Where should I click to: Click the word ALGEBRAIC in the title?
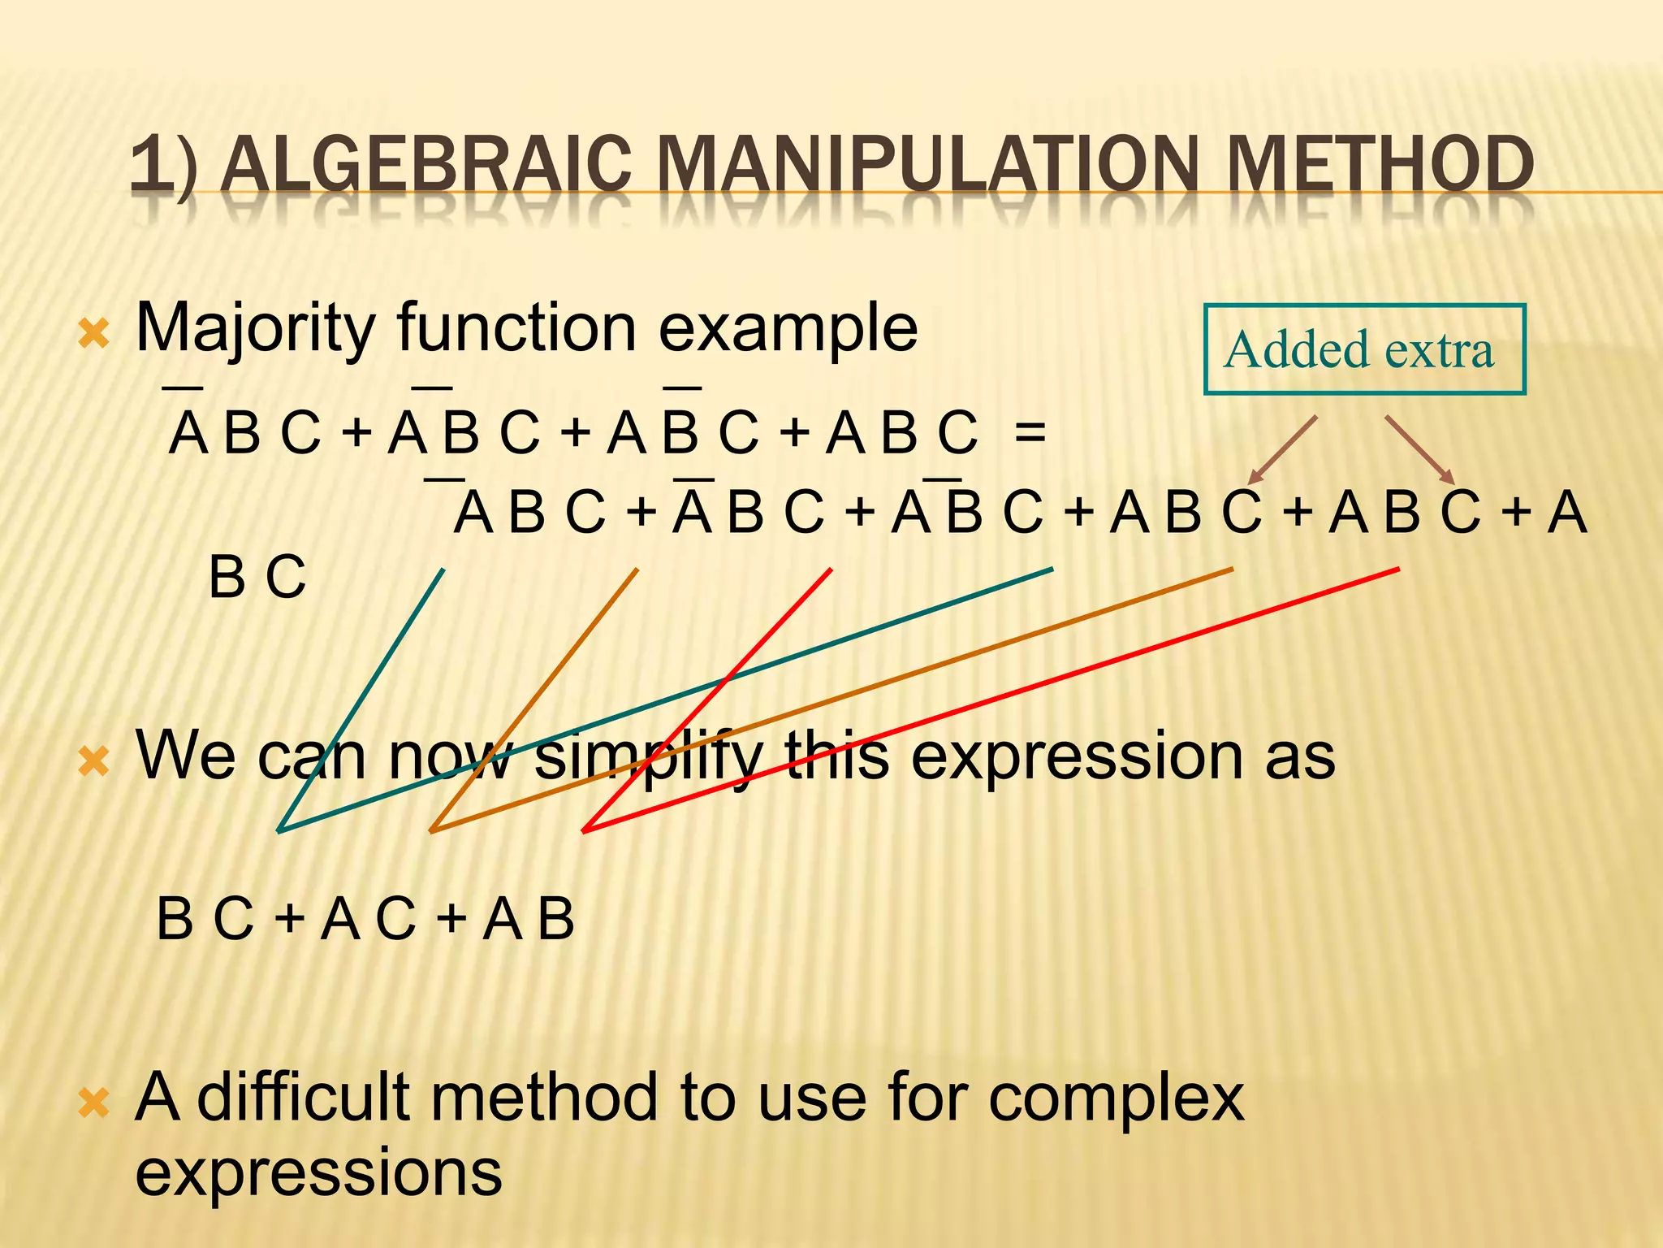(x=425, y=166)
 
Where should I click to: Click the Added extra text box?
(x=1364, y=349)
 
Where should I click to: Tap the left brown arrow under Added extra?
(x=1283, y=449)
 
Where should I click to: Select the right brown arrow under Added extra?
(x=1419, y=449)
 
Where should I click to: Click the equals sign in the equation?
(x=1030, y=433)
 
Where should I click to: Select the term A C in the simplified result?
(x=368, y=919)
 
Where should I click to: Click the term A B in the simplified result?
(x=529, y=919)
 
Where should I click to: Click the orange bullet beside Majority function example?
(x=94, y=333)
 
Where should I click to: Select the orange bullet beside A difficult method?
(x=94, y=1103)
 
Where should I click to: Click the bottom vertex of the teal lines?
(x=279, y=830)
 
